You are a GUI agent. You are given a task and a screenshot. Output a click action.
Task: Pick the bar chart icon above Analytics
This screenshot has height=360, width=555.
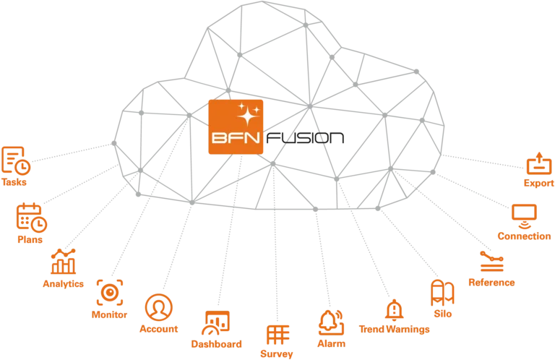click(62, 262)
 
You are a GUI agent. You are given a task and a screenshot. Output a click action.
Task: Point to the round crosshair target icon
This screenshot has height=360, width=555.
click(109, 293)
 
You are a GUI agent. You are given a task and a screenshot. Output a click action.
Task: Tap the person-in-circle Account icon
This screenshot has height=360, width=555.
click(158, 306)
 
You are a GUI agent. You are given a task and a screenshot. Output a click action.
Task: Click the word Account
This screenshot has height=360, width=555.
click(158, 328)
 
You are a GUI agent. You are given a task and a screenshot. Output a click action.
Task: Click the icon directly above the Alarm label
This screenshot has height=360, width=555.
click(329, 320)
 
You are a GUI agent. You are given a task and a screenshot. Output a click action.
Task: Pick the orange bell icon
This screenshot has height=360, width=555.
click(394, 309)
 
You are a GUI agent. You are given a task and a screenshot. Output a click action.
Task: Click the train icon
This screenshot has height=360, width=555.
click(439, 293)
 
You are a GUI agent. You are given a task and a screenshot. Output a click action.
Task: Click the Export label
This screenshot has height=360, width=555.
click(540, 184)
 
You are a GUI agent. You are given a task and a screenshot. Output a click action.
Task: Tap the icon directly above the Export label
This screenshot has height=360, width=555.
click(539, 165)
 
